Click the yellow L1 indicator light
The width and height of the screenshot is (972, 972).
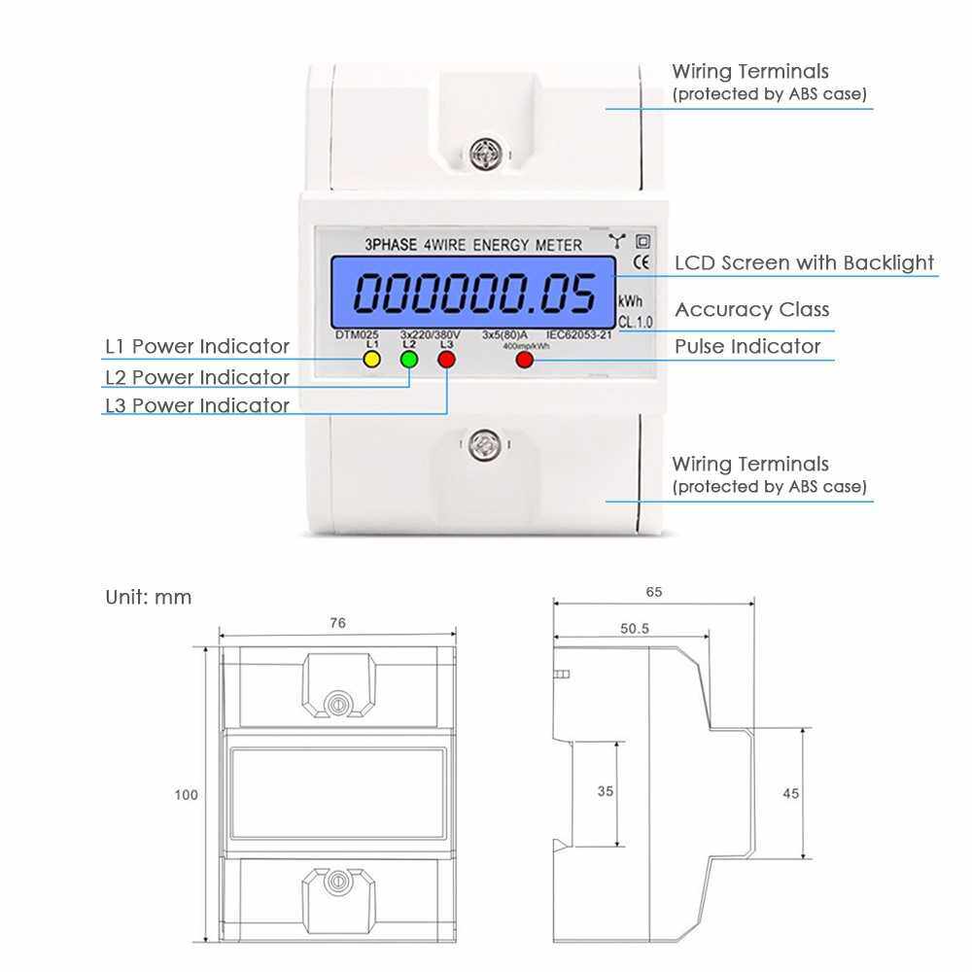(370, 360)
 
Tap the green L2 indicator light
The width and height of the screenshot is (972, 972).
(409, 360)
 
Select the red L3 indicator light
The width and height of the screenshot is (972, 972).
(447, 360)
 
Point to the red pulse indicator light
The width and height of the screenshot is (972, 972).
(525, 360)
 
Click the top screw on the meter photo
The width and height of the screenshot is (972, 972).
(482, 151)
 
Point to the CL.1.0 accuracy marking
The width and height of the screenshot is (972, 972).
(636, 321)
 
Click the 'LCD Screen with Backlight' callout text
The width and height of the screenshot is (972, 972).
(804, 262)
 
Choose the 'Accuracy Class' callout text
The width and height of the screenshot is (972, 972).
(752, 310)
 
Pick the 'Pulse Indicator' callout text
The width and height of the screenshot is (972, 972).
(747, 347)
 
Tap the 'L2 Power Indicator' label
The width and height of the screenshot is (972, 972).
(197, 377)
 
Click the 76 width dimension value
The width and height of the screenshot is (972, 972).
(337, 623)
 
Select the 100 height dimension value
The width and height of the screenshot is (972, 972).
(186, 795)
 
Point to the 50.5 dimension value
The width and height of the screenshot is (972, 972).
(634, 629)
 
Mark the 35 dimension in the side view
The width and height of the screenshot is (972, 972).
(606, 791)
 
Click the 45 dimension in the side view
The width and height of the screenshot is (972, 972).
(790, 793)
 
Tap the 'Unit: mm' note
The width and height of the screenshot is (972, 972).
(149, 597)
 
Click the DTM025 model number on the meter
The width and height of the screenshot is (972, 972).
(354, 334)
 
